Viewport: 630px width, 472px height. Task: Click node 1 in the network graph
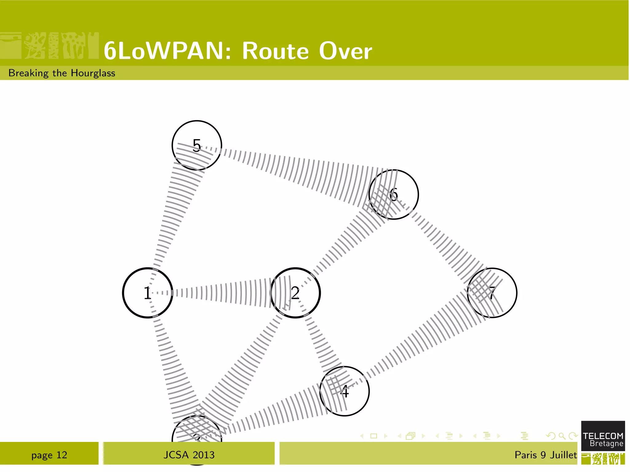pos(147,293)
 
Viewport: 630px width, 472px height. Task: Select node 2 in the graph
pos(295,293)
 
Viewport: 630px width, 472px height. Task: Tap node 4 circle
pos(345,391)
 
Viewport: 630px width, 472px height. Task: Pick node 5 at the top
pos(197,145)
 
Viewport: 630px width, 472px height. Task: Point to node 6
pos(394,195)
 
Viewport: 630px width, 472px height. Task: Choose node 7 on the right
pos(492,293)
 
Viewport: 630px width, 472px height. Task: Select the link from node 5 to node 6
pos(295,170)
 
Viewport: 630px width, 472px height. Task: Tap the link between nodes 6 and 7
pos(443,244)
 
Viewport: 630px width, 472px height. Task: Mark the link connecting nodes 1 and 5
pos(172,219)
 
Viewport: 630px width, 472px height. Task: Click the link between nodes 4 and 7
pos(418,342)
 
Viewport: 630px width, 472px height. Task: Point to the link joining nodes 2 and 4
pos(320,342)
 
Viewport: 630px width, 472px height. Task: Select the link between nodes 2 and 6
pos(345,244)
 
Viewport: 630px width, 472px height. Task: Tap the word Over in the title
pos(345,51)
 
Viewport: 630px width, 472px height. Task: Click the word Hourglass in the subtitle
pos(93,73)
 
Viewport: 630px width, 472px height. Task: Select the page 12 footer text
pos(49,455)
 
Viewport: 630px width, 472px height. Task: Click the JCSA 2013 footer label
pos(189,455)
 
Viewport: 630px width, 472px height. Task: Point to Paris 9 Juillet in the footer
pos(545,455)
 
